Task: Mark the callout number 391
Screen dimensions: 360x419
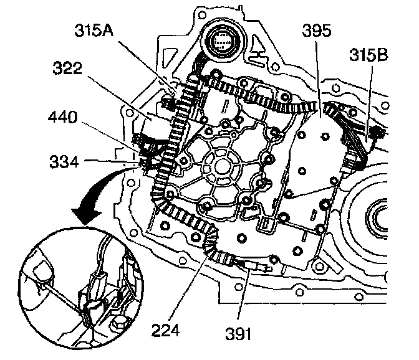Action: pos(241,335)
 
